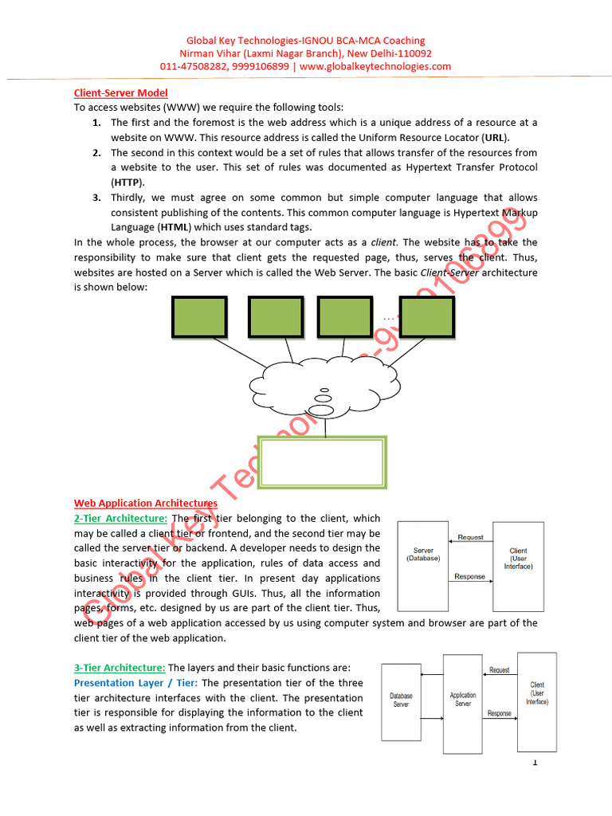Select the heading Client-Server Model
(x=121, y=93)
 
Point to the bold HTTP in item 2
(x=124, y=182)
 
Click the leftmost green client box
(x=198, y=317)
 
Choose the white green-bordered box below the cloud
(x=323, y=461)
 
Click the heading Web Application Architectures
(x=146, y=503)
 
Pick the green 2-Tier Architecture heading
(x=121, y=518)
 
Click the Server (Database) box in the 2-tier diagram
(x=423, y=566)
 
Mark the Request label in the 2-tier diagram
(x=470, y=538)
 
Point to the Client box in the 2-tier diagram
(x=518, y=566)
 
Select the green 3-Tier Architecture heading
(x=120, y=668)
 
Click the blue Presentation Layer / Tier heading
(x=136, y=683)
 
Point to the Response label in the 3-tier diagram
(x=500, y=713)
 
